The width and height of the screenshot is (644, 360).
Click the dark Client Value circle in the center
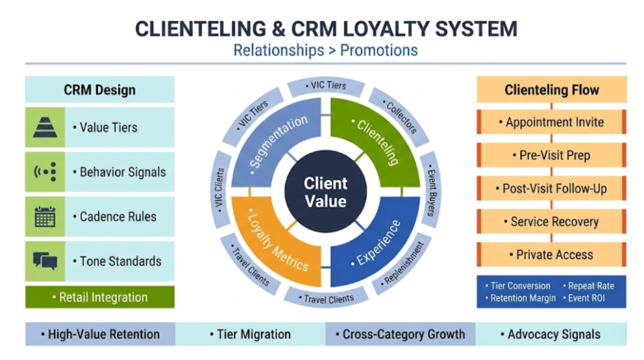325,193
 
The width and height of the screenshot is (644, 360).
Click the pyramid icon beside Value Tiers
45,127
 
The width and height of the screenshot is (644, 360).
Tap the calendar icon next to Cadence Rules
45,217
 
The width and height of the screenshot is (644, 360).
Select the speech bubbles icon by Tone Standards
45,261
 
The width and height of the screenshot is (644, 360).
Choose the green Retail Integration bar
100,298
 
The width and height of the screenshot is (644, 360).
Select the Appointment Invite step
551,122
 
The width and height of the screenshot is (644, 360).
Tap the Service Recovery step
551,222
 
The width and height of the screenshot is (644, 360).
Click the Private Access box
551,255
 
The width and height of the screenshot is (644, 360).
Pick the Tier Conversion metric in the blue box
518,286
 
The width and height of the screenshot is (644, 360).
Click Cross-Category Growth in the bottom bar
400,334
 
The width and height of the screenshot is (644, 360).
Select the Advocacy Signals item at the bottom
550,334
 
